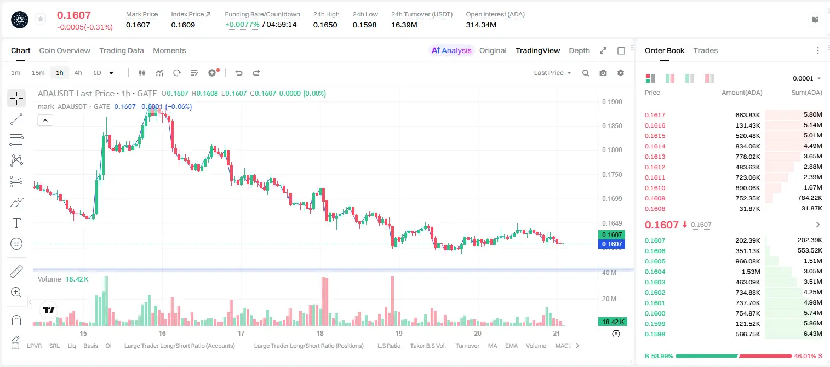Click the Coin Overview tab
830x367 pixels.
65,50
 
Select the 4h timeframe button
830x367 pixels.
78,73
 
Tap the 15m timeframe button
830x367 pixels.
38,73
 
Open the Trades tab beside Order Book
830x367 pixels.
706,50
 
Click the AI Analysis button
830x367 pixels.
451,50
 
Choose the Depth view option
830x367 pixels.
579,50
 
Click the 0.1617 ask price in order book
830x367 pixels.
655,115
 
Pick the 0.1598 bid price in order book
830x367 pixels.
655,334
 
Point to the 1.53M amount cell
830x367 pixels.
750,272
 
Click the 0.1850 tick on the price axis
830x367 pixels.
612,126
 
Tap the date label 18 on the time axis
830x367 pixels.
320,333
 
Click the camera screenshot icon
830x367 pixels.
603,73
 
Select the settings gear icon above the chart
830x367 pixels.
621,73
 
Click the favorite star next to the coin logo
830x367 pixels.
41,19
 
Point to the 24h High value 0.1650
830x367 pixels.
325,25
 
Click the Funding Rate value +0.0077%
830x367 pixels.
242,25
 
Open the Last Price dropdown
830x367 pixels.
552,73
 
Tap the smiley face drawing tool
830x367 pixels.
16,244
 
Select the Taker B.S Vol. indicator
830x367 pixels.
427,346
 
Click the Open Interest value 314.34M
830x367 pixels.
481,25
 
